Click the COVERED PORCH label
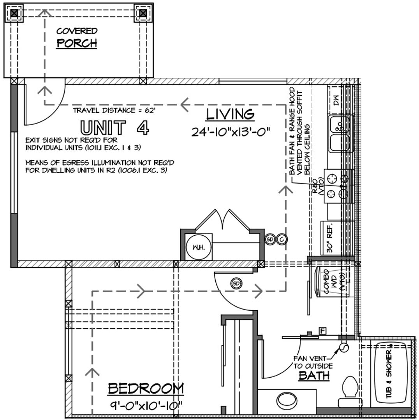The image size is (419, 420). click(77, 37)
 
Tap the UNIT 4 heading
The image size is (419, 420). click(114, 128)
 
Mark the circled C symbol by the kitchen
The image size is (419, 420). click(282, 239)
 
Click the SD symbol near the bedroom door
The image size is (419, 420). click(236, 283)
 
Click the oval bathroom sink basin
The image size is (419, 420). click(288, 399)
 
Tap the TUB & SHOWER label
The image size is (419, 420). click(391, 373)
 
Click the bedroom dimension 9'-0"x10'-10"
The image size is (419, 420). click(146, 406)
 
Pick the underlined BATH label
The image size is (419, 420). click(314, 376)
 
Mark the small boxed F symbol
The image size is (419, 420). click(322, 331)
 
